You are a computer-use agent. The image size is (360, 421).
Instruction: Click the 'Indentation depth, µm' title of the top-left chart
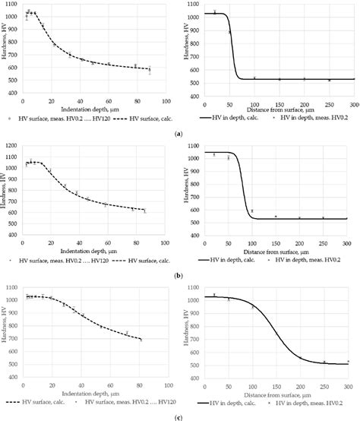pos(87,109)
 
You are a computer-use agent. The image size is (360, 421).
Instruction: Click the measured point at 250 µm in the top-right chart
pos(329,80)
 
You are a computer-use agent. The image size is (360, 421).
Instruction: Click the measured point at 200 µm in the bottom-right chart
pos(299,357)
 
